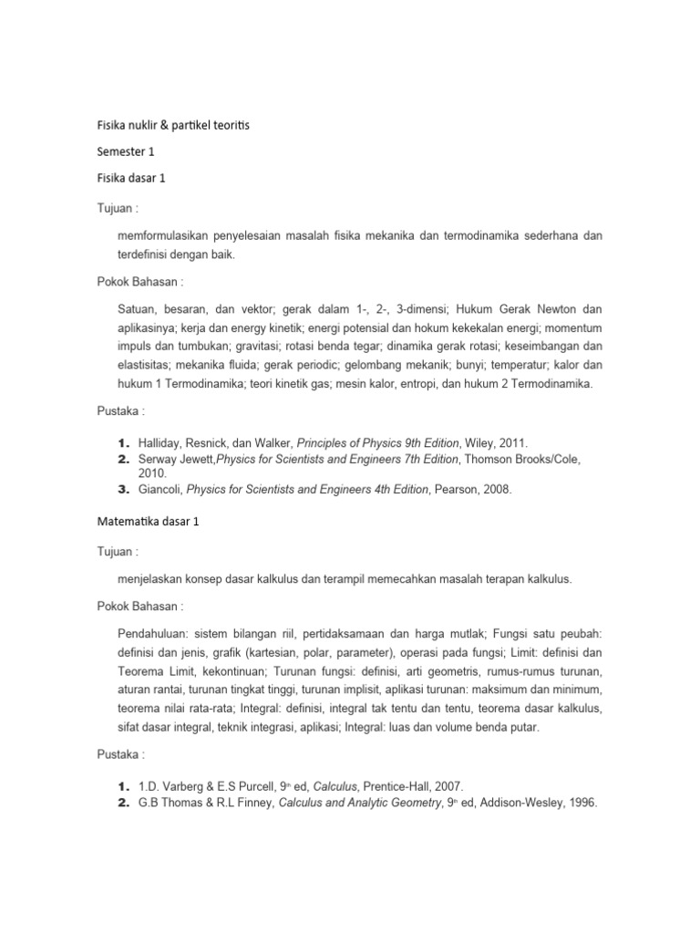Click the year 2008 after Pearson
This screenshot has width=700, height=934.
pos(497,490)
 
